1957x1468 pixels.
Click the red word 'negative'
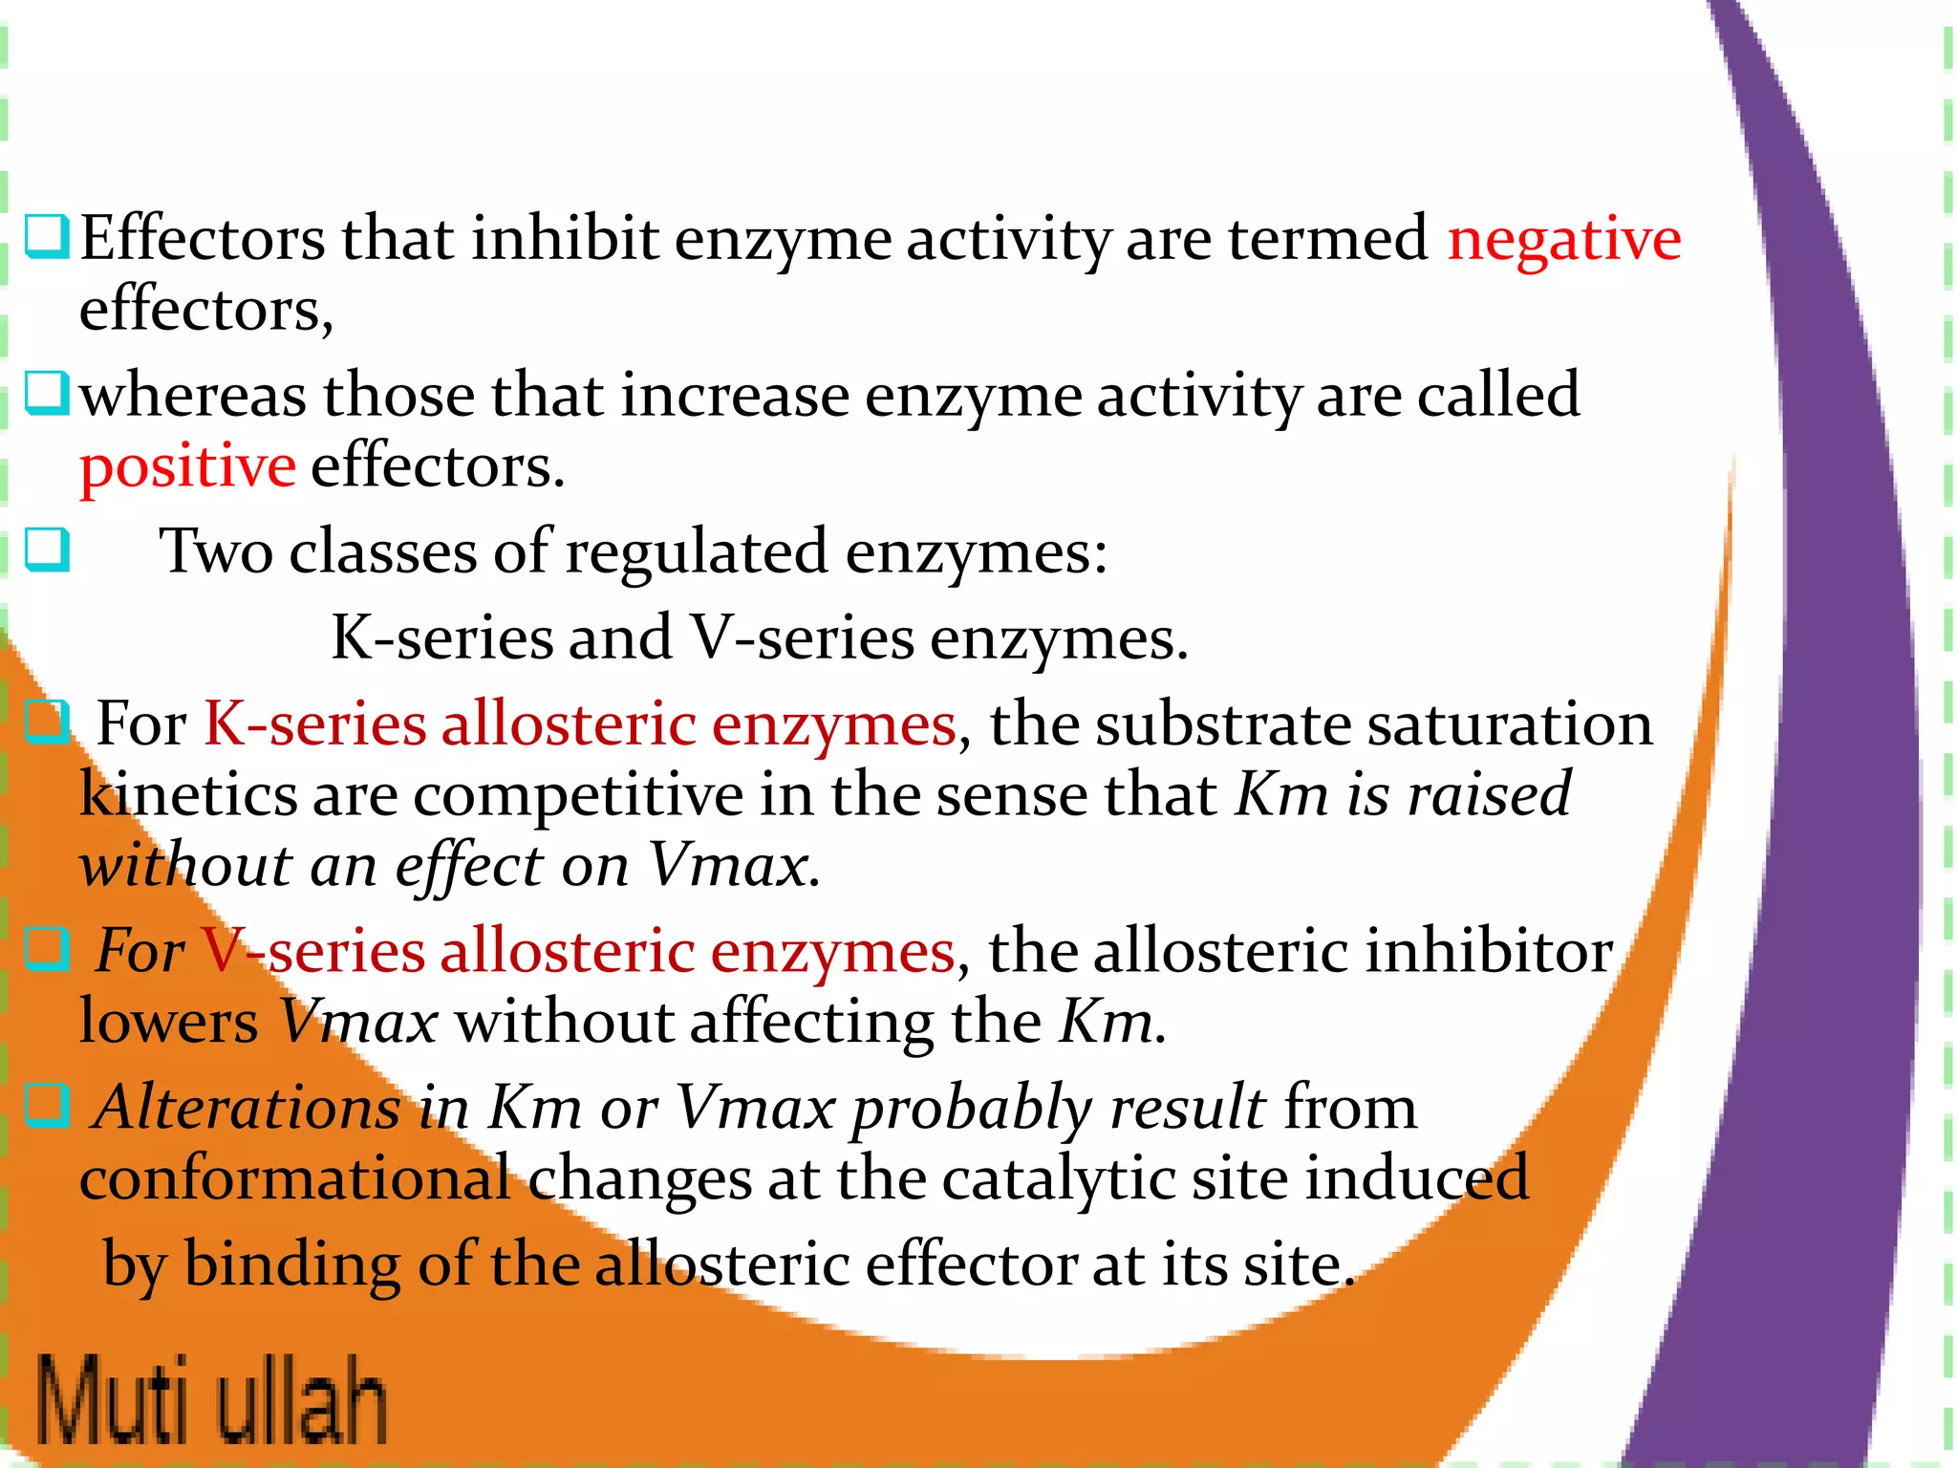tap(1563, 239)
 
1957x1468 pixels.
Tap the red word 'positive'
tap(187, 468)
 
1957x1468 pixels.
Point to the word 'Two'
tap(216, 552)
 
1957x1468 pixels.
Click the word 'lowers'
tap(168, 1023)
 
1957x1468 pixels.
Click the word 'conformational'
tap(294, 1179)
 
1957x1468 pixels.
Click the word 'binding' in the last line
tap(292, 1265)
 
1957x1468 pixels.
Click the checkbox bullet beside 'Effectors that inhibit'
tap(47, 236)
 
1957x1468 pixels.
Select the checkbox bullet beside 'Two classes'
tap(47, 550)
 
